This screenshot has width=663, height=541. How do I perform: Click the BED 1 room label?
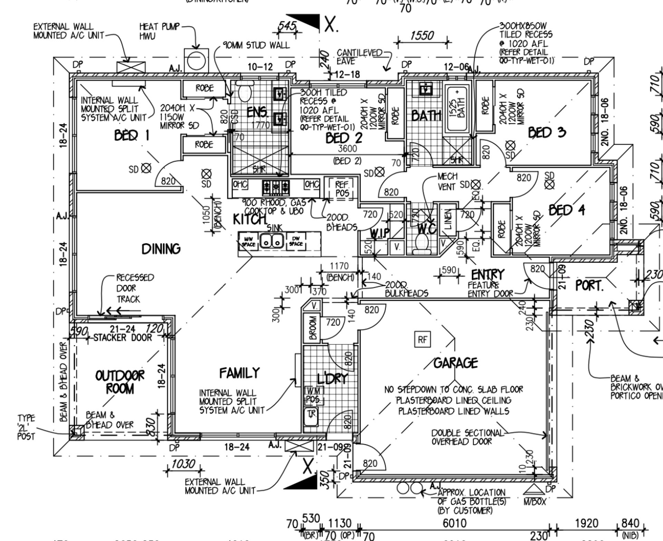132,135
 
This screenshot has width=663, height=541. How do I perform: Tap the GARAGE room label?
455,363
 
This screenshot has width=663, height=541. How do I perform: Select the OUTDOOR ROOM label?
119,382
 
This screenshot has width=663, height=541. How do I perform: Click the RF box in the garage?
423,340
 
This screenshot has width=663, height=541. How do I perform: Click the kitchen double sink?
272,241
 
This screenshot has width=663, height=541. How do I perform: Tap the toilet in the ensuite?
245,91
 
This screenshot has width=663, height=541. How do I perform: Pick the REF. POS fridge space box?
342,189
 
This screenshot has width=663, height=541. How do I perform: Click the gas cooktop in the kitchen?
276,188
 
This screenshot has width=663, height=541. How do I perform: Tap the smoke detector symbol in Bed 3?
510,145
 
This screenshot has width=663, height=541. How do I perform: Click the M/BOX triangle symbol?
534,490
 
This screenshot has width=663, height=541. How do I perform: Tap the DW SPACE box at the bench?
296,241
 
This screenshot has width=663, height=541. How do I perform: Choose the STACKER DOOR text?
123,337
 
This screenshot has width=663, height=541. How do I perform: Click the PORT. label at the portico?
589,286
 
